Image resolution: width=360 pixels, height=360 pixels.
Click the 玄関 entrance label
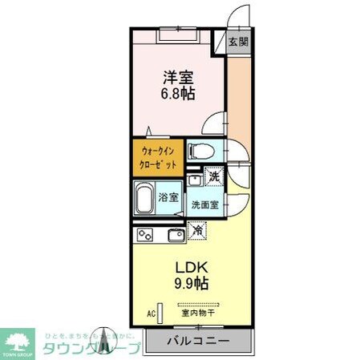(237, 42)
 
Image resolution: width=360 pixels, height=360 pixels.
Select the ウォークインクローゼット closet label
(156, 157)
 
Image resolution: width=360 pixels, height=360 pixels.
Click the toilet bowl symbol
(199, 151)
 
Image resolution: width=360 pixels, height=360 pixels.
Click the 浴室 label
(167, 196)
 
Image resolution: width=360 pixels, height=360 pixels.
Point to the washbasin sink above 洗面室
(196, 180)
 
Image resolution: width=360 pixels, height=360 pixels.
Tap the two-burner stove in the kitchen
(146, 235)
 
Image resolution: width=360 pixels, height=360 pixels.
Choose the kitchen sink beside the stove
(174, 235)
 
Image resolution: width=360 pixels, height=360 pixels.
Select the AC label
(150, 314)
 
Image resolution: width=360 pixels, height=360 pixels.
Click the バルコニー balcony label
(198, 342)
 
